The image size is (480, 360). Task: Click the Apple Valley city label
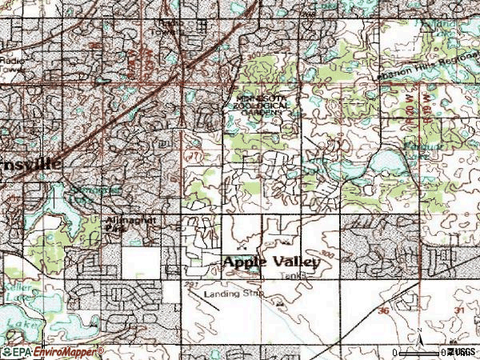point(271,262)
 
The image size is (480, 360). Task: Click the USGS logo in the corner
point(460,352)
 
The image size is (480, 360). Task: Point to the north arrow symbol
point(418,339)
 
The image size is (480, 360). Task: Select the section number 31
point(459,310)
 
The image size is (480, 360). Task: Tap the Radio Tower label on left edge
point(13,64)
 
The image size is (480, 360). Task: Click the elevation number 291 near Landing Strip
point(190,284)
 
